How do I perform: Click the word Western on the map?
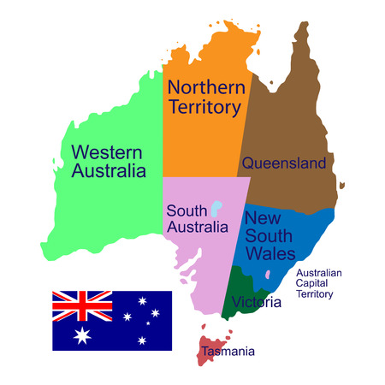[108, 152]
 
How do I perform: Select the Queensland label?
[283, 163]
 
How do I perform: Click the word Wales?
[269, 253]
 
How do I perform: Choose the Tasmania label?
[228, 351]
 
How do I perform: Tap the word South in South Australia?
[186, 210]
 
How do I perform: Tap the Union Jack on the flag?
[82, 304]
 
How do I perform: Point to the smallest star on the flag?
[147, 323]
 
